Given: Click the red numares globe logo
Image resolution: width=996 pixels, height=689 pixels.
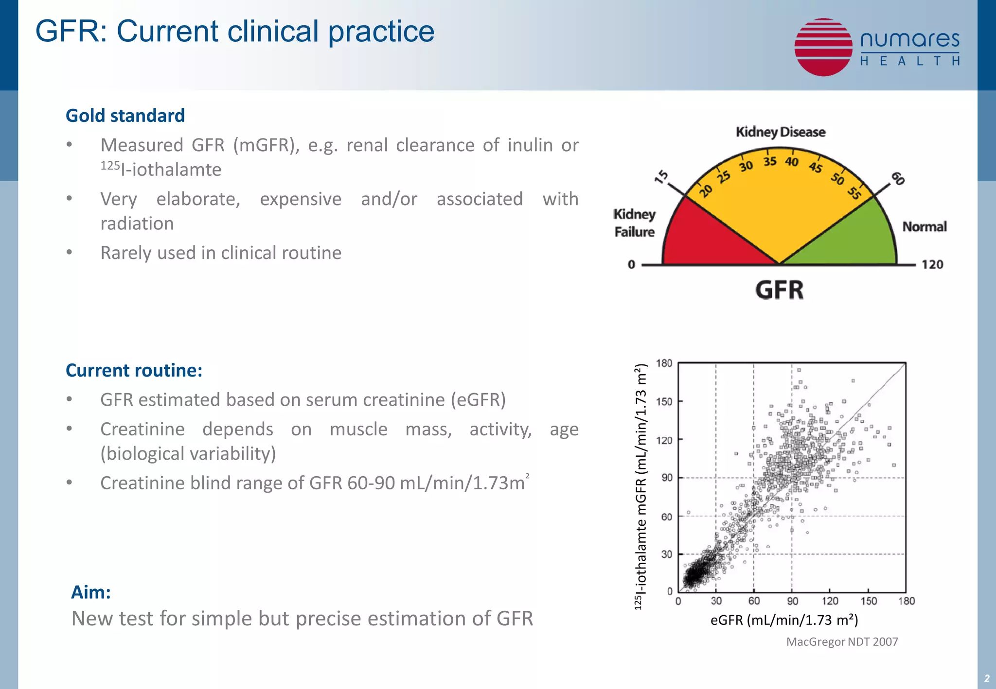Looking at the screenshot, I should (823, 47).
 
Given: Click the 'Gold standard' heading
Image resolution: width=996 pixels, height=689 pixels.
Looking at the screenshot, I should (125, 116).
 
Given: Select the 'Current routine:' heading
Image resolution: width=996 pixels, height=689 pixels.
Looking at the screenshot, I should (134, 370).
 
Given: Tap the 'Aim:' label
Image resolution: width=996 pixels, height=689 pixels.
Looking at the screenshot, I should (91, 592).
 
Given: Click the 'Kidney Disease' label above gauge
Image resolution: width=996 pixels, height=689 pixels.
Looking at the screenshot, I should (780, 132).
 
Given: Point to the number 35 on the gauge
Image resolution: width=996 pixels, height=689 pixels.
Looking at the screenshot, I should (769, 161).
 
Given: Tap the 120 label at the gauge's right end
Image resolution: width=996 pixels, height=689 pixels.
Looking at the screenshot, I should (932, 264).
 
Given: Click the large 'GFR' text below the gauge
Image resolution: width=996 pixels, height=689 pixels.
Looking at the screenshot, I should (779, 290).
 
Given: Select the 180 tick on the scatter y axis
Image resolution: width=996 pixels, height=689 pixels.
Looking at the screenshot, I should (664, 363).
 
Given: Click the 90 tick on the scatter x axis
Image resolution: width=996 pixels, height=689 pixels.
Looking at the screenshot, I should (792, 601).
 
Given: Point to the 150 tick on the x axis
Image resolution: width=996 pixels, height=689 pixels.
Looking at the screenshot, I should (868, 601).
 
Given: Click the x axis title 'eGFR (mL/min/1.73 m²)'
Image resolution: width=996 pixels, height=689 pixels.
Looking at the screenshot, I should (784, 620).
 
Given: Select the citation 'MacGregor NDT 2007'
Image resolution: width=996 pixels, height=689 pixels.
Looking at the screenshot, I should (842, 642).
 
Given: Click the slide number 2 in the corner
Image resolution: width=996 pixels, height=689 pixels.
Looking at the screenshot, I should (986, 678).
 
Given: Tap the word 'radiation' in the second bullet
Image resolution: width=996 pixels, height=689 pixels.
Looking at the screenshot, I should (137, 224).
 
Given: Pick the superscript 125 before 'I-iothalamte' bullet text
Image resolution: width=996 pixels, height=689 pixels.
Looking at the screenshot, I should (110, 166).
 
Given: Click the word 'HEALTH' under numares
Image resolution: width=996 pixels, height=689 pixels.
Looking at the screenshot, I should (909, 61).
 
